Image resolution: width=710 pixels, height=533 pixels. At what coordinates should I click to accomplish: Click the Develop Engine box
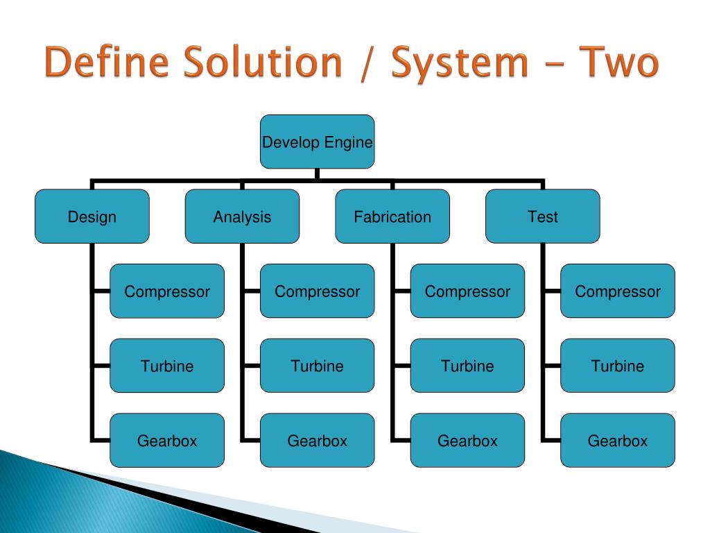coord(317,142)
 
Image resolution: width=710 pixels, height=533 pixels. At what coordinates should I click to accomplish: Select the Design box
coord(92,217)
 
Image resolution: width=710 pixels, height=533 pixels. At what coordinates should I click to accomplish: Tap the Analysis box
coord(242,217)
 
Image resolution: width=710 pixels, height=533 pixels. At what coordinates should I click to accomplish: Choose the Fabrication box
coord(392,217)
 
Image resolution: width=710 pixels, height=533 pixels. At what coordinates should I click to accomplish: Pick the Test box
coord(542,217)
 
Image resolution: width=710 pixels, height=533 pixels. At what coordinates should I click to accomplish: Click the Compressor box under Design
coord(167,291)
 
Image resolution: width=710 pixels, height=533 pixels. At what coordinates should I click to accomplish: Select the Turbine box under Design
coord(167,366)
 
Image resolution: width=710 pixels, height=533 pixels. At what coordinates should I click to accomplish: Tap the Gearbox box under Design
coord(167,440)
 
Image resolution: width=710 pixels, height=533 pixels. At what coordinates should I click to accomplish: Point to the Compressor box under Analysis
coord(317,291)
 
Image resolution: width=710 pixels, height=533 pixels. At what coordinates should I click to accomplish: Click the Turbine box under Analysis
coord(317,366)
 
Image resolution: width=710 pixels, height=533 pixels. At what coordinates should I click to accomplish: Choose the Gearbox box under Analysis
coord(317,440)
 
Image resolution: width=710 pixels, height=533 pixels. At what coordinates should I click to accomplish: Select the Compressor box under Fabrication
coord(467,291)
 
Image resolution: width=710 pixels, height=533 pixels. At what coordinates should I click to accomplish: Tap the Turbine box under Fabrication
coord(467,366)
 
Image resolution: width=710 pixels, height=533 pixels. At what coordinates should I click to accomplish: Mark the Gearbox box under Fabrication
coord(467,440)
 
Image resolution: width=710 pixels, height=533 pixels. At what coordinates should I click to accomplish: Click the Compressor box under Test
coord(617,291)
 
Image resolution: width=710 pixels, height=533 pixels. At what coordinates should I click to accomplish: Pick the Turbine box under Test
coord(617,366)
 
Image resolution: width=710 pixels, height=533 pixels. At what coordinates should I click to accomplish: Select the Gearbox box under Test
coord(617,440)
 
